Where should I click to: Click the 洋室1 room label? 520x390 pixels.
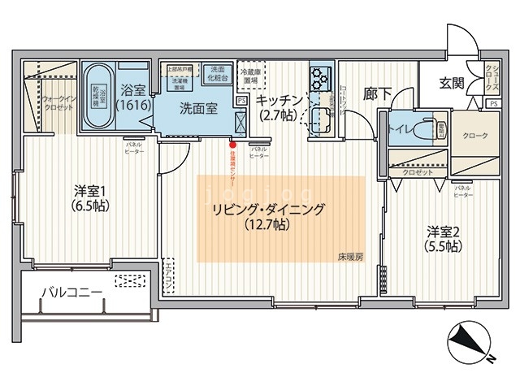(x=88, y=197)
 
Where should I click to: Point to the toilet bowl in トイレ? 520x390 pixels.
(x=423, y=130)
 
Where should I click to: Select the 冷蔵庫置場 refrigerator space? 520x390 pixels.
(x=250, y=76)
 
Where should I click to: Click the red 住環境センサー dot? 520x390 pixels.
(x=232, y=146)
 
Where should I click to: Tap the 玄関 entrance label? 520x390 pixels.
(x=452, y=82)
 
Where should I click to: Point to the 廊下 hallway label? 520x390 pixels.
(x=377, y=93)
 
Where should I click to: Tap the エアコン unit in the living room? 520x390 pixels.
(x=168, y=277)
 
